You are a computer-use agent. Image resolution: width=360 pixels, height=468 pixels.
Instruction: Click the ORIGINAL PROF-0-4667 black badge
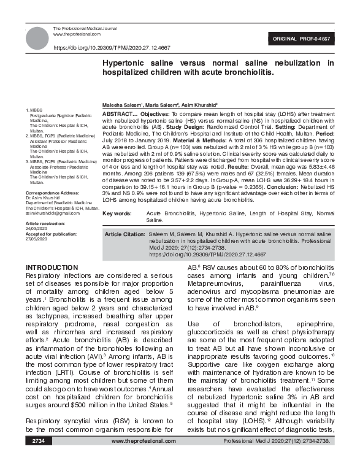point(307,39)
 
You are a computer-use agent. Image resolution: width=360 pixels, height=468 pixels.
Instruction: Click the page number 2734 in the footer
point(38,458)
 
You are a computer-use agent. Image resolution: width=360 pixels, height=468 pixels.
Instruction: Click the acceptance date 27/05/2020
point(37,238)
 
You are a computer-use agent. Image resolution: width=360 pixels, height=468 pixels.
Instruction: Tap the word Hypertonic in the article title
point(127,63)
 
